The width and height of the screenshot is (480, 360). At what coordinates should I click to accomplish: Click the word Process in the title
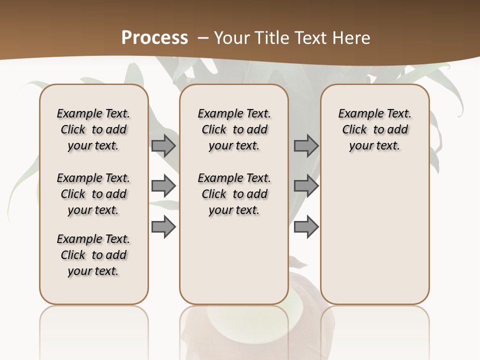click(x=154, y=37)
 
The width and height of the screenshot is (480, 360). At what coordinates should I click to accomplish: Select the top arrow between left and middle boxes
click(x=163, y=145)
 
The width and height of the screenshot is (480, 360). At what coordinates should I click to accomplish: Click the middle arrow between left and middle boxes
click(x=163, y=186)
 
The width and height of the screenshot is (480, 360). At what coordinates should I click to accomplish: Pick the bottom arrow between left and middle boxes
click(x=163, y=227)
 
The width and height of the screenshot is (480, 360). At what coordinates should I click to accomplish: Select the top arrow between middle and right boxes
click(x=306, y=145)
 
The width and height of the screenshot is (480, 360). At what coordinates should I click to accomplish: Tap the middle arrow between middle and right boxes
click(x=306, y=186)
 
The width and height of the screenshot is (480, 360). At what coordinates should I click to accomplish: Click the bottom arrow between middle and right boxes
click(x=306, y=227)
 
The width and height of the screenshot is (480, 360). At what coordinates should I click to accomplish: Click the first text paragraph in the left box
click(x=93, y=129)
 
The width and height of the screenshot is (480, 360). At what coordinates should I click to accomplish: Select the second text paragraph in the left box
click(x=93, y=194)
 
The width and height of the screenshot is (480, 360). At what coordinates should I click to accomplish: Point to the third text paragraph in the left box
click(x=93, y=255)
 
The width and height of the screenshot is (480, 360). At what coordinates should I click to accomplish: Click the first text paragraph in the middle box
click(x=234, y=129)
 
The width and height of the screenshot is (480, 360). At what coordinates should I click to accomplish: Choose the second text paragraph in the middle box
click(x=234, y=194)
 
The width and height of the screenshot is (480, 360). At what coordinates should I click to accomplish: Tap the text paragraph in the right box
click(x=374, y=129)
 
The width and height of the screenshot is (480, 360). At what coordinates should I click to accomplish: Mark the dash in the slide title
click(x=203, y=38)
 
